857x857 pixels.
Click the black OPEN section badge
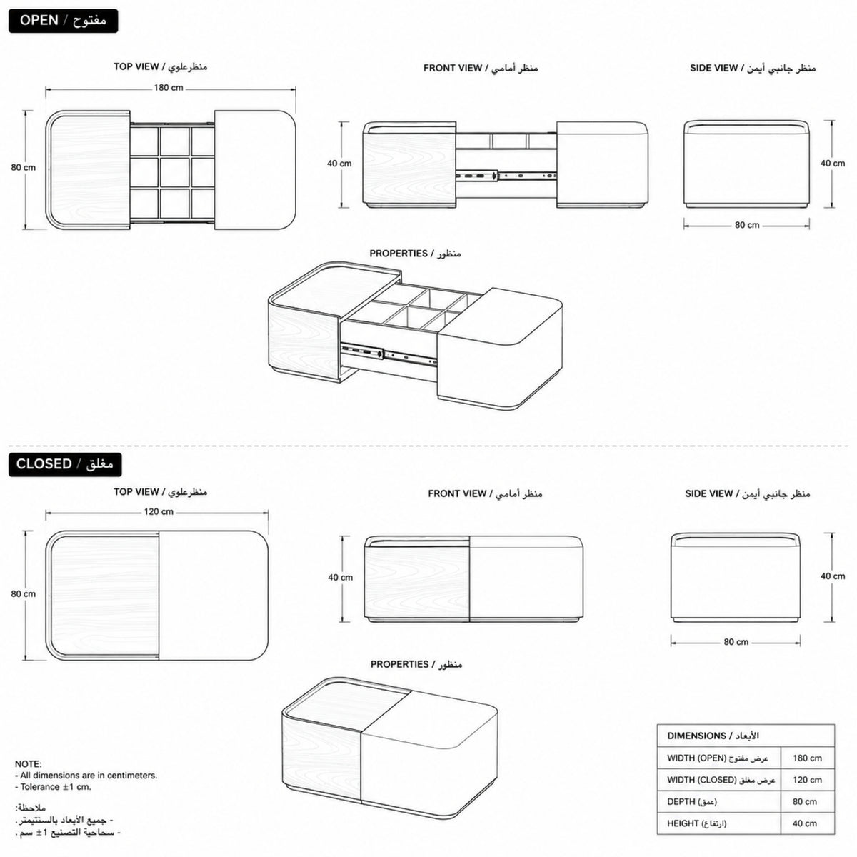click(x=63, y=21)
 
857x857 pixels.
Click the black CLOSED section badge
click(x=65, y=464)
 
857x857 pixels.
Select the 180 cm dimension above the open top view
click(x=169, y=88)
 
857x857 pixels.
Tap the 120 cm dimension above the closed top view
click(x=159, y=512)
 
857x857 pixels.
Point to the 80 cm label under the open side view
click(x=747, y=225)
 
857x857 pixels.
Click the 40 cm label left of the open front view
click(x=339, y=164)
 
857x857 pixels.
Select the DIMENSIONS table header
click(x=713, y=736)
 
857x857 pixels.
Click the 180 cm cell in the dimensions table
click(x=807, y=758)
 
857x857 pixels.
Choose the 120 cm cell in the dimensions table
click(x=807, y=780)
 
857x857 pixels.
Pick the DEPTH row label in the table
click(x=692, y=801)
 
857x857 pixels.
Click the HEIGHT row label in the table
click(x=697, y=823)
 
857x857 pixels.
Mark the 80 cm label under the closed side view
click(x=736, y=642)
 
